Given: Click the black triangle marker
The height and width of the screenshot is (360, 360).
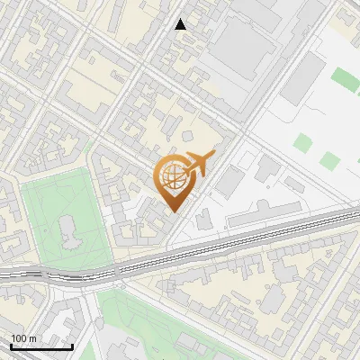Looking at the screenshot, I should click(181, 24).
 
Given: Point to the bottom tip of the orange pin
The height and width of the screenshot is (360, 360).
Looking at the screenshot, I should click(174, 211).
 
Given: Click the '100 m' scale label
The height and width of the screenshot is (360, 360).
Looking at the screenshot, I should click(23, 338).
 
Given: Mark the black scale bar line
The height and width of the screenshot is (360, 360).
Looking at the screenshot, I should click(41, 346).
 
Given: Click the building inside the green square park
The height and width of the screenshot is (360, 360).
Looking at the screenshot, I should click(69, 232).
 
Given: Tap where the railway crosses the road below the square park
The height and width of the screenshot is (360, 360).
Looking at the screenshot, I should click(99, 274).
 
